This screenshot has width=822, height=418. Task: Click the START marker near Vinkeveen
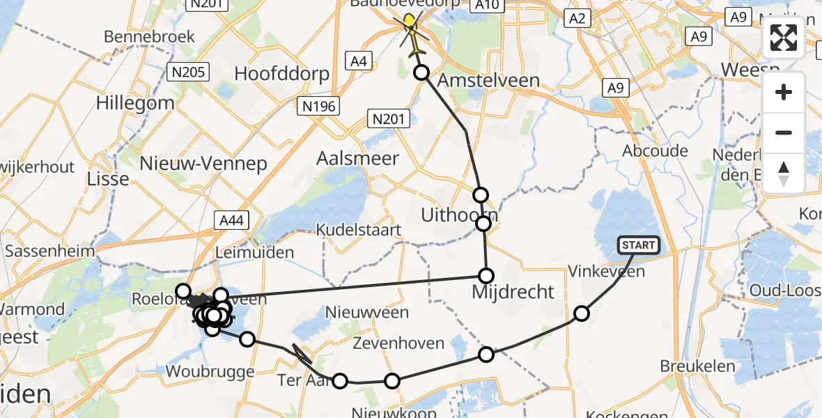click(638, 245)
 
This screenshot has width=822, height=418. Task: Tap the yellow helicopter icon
click(411, 32)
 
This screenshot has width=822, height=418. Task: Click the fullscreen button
click(784, 38)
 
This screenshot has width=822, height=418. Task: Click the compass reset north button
click(784, 172)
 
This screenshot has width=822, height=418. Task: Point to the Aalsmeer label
click(358, 158)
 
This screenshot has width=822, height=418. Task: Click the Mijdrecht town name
click(513, 292)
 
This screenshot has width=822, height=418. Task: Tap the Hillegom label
click(135, 103)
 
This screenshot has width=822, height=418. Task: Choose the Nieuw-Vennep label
click(203, 164)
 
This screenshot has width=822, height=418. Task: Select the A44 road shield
click(231, 221)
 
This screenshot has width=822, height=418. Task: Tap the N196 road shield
click(319, 106)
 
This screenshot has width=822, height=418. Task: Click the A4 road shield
click(358, 61)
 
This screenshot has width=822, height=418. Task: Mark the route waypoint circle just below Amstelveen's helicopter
click(421, 72)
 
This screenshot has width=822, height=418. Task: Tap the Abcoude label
click(655, 151)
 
